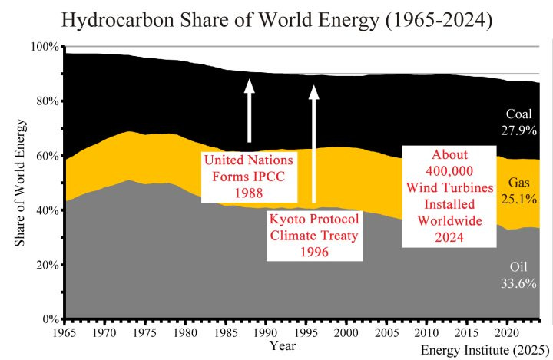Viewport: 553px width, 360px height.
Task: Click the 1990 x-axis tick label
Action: [x=265, y=334]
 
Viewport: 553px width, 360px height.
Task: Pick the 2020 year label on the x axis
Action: [x=506, y=334]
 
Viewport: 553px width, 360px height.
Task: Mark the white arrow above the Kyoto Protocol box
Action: [x=313, y=146]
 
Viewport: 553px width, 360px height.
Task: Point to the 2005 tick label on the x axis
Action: [x=386, y=334]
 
